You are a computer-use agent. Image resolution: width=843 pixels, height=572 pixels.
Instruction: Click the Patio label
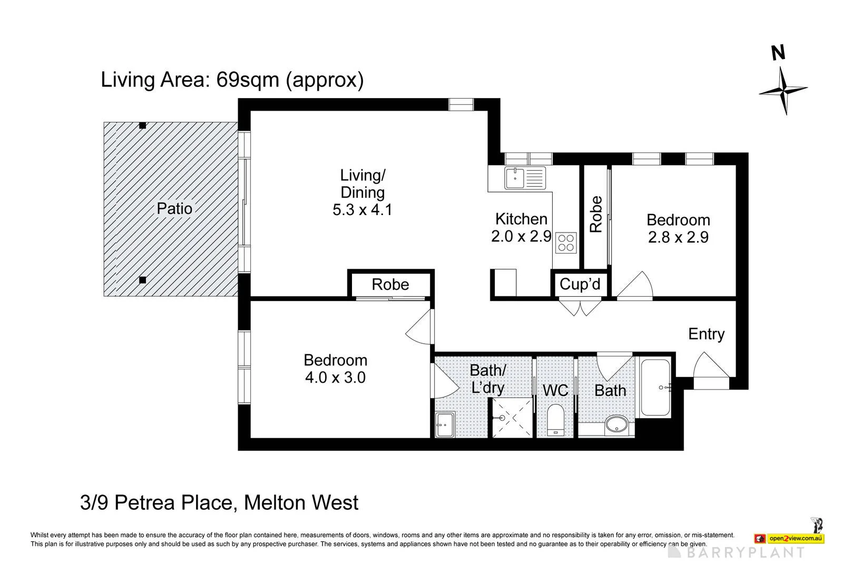(174, 209)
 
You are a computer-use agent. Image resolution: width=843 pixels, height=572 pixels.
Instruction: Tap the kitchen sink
(525, 178)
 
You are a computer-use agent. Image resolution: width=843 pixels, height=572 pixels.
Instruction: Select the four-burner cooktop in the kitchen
(566, 243)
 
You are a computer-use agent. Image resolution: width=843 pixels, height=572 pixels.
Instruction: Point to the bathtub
(655, 387)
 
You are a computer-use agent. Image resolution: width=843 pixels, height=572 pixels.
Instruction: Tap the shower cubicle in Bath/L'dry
(512, 418)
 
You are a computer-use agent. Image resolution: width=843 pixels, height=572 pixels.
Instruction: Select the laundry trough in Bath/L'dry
(445, 425)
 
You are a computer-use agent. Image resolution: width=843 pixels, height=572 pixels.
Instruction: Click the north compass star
(783, 90)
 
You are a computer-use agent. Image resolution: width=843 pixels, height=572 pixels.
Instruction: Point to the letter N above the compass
(778, 53)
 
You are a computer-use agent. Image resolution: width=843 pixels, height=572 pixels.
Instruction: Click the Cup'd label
(580, 284)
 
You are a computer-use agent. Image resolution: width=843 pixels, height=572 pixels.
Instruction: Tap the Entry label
(707, 334)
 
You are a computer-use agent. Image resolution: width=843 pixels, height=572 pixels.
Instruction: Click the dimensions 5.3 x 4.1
(362, 210)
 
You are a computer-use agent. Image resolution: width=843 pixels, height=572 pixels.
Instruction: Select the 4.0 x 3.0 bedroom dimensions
(335, 377)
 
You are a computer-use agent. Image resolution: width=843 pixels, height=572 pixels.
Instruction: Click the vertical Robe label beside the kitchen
(596, 214)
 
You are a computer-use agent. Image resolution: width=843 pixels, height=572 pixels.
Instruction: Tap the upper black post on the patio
(142, 125)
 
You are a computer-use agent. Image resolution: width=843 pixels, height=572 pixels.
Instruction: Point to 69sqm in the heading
(247, 80)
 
